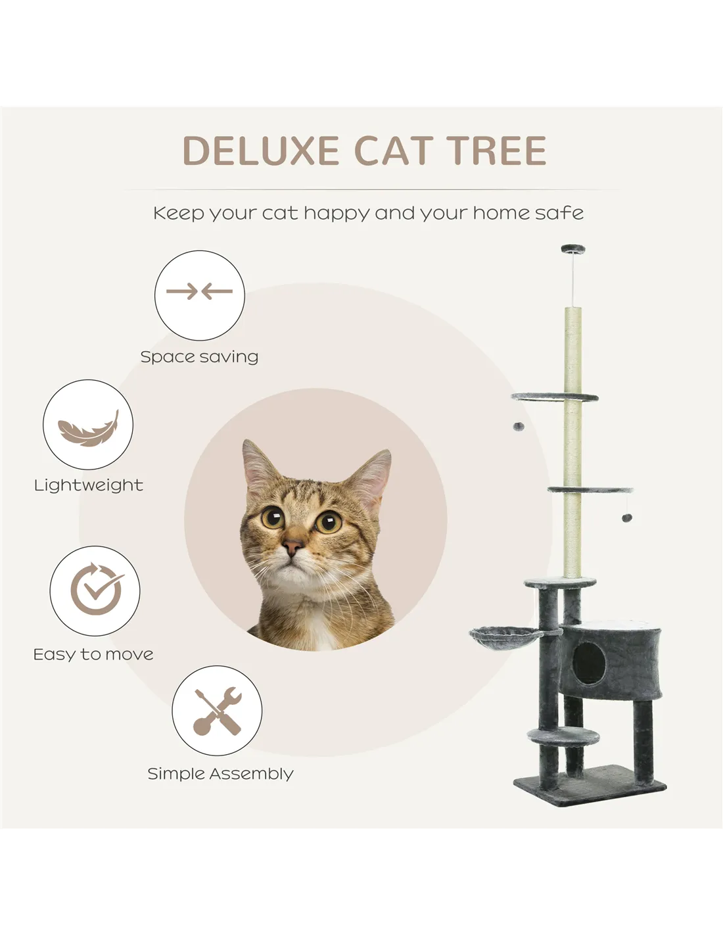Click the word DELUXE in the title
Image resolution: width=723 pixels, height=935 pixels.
(x=261, y=150)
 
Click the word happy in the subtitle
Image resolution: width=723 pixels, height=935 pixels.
(x=337, y=214)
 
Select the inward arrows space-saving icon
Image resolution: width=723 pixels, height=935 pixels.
(x=200, y=291)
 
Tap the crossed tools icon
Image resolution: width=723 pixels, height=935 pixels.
(x=217, y=711)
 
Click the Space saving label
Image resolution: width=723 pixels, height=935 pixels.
(x=199, y=356)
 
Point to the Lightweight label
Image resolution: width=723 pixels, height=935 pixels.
(x=89, y=485)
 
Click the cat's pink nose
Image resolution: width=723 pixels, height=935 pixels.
(x=293, y=546)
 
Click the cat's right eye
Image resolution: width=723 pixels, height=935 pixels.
(x=329, y=521)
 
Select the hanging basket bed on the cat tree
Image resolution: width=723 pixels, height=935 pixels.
(x=507, y=635)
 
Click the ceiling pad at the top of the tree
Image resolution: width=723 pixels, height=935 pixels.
(x=573, y=249)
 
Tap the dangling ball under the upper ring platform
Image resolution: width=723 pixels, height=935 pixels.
(x=519, y=427)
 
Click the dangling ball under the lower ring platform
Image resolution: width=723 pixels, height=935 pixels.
(x=627, y=517)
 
